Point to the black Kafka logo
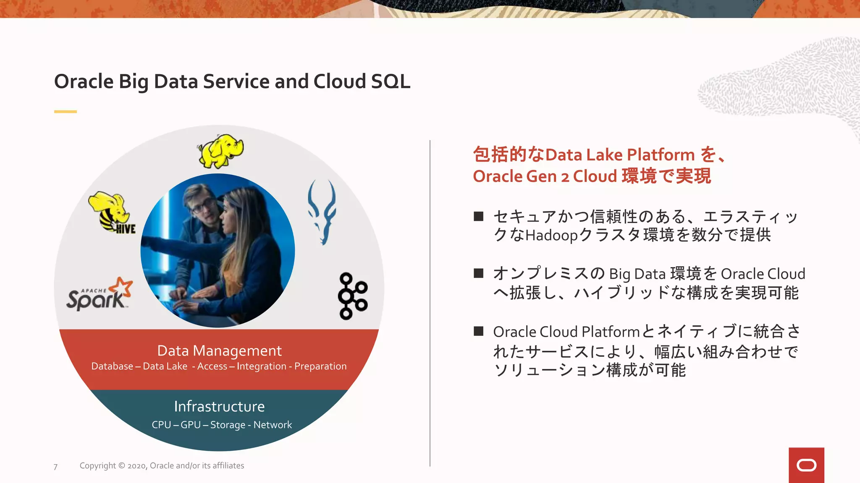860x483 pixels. point(352,296)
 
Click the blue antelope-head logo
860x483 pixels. point(322,212)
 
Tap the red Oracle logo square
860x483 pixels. point(806,465)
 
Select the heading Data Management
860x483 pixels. point(219,351)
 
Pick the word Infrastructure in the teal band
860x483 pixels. point(219,406)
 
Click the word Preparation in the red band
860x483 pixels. point(320,366)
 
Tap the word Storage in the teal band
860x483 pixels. point(228,425)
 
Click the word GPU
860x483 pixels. point(191,425)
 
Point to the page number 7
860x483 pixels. point(55,467)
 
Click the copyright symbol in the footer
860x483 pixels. point(122,465)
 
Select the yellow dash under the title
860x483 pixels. point(66,112)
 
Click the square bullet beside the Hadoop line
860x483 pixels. point(478,216)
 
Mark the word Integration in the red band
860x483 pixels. point(261,366)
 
